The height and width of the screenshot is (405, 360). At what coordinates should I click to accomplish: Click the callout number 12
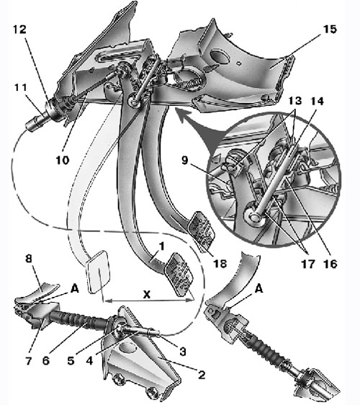pyautogui.click(x=19, y=30)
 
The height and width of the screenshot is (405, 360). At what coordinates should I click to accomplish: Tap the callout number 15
pyautogui.click(x=330, y=30)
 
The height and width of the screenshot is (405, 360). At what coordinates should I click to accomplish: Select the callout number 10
pyautogui.click(x=63, y=160)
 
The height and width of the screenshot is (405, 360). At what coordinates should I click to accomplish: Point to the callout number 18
pyautogui.click(x=220, y=264)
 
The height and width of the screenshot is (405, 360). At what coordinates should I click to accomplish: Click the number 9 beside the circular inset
pyautogui.click(x=185, y=160)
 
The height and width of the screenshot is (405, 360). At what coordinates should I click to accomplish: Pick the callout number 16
pyautogui.click(x=330, y=264)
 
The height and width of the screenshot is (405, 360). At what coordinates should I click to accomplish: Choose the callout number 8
pyautogui.click(x=29, y=258)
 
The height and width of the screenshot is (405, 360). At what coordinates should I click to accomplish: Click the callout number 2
pyautogui.click(x=202, y=374)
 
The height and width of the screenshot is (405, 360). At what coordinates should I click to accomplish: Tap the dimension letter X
pyautogui.click(x=147, y=294)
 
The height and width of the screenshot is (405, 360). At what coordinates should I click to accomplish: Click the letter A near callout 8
pyautogui.click(x=75, y=288)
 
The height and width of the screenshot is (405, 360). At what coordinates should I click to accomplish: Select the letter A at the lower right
pyautogui.click(x=259, y=288)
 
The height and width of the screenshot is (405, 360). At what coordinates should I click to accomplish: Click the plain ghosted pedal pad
pyautogui.click(x=99, y=272)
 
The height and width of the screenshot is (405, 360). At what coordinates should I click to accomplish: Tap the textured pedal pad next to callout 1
pyautogui.click(x=181, y=275)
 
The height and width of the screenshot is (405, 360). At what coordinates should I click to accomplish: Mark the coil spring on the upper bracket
pyautogui.click(x=189, y=84)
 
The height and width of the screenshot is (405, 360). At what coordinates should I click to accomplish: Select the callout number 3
pyautogui.click(x=183, y=351)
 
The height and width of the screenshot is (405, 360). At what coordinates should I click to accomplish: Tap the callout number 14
pyautogui.click(x=317, y=101)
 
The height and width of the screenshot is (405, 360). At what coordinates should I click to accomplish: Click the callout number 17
pyautogui.click(x=308, y=264)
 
